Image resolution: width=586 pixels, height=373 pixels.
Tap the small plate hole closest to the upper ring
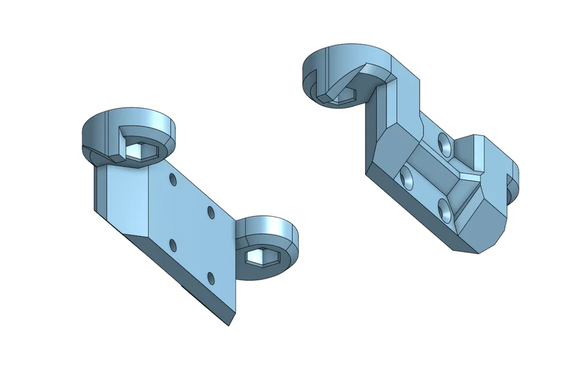click(x=172, y=179)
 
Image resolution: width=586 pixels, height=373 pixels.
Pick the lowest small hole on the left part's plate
click(x=210, y=276)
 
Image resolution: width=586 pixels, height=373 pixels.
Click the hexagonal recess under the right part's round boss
click(x=342, y=98)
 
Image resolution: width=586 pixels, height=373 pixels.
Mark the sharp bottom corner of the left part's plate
click(x=230, y=325)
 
